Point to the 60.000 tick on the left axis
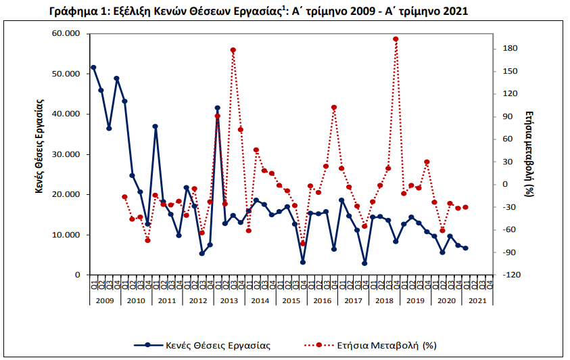coord(66,34)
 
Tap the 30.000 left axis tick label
coord(66,154)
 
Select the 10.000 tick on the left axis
coord(66,235)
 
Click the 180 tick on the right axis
coord(510,49)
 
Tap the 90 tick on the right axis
coord(510,116)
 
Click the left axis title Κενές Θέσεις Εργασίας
coord(40,147)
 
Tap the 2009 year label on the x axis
coord(105,300)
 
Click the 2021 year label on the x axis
coord(477,300)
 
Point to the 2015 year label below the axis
coord(291,300)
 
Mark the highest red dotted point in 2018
coord(396,39)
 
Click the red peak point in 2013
coord(233,50)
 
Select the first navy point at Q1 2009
coord(93,68)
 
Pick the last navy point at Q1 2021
coord(466,248)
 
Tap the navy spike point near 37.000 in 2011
coord(156,127)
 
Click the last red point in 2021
coord(466,207)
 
